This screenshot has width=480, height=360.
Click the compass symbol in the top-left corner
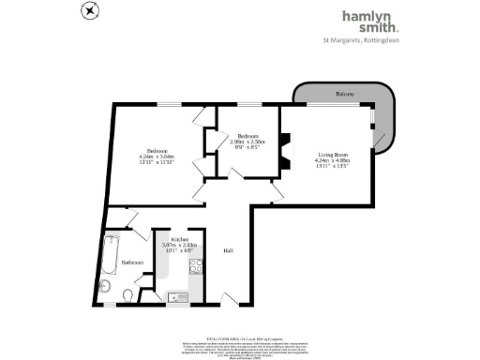pos(89,11)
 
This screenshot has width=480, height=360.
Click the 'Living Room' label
pos(333,154)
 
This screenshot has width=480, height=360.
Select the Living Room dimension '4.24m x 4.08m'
pos(333,160)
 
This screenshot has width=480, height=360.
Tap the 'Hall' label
pos(228,251)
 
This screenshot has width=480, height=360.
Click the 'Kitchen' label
pos(176,240)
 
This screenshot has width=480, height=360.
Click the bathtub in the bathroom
pos(111,252)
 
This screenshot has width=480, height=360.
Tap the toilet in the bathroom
pos(128,296)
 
